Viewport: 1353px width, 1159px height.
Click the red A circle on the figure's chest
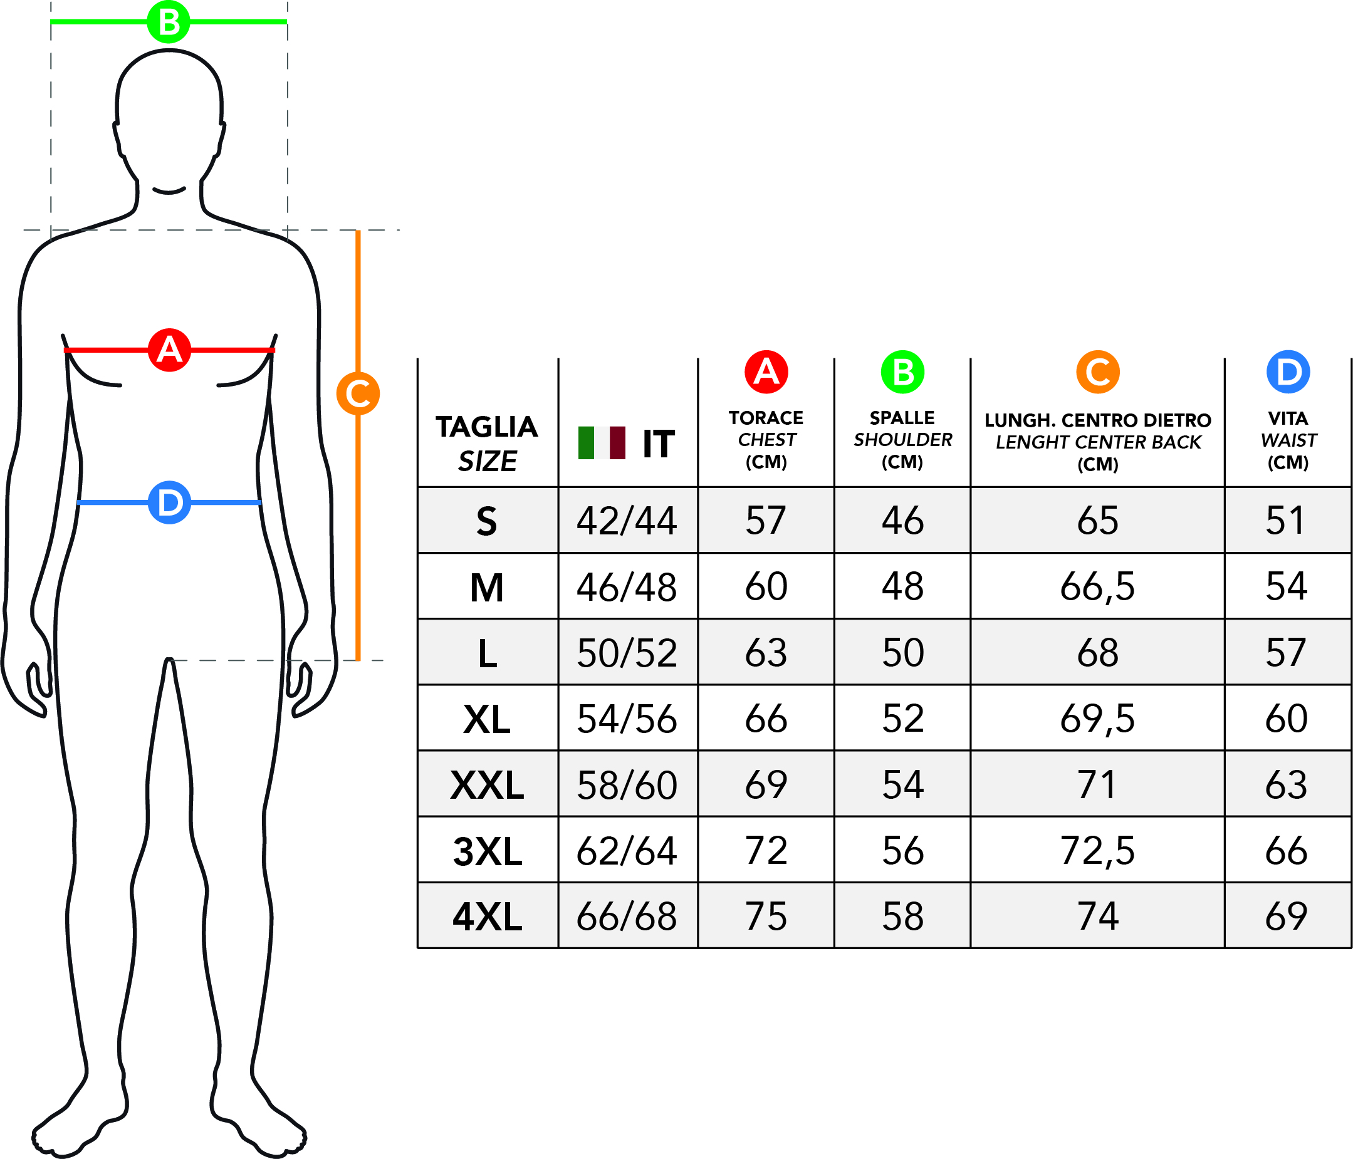pyautogui.click(x=169, y=350)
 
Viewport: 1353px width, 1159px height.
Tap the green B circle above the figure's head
pyautogui.click(x=169, y=22)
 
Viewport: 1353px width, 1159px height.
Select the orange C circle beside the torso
pyautogui.click(x=358, y=393)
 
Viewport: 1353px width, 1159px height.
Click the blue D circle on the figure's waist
pyautogui.click(x=169, y=502)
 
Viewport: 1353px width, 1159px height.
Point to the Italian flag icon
pyautogui.click(x=602, y=443)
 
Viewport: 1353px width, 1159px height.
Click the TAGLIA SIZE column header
pyautogui.click(x=486, y=444)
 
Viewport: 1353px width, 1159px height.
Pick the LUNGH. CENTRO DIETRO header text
pyautogui.click(x=1098, y=420)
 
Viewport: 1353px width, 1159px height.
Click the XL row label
pyautogui.click(x=486, y=719)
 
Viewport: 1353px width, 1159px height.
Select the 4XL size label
pyautogui.click(x=487, y=916)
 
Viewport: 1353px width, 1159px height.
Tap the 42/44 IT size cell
pyautogui.click(x=626, y=521)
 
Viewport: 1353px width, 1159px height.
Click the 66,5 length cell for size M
pyautogui.click(x=1097, y=587)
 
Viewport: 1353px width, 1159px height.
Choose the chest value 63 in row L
pyautogui.click(x=766, y=652)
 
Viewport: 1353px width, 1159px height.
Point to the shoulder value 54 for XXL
pyautogui.click(x=902, y=784)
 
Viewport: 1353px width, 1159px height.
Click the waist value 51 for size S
pyautogui.click(x=1286, y=521)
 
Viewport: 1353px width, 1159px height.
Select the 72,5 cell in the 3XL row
pyautogui.click(x=1097, y=851)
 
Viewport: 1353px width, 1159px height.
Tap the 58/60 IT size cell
pyautogui.click(x=626, y=785)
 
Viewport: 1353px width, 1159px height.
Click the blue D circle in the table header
pyautogui.click(x=1288, y=372)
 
